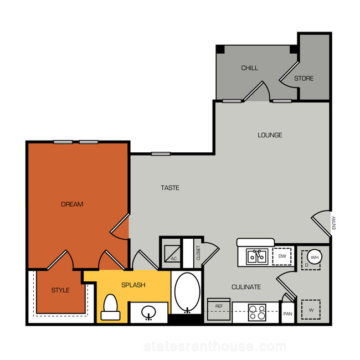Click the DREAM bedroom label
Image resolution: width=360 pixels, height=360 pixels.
[72, 204]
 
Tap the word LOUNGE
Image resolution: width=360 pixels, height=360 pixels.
[270, 135]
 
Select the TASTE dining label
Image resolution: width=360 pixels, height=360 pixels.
[170, 188]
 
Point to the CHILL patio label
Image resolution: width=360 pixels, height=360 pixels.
[249, 68]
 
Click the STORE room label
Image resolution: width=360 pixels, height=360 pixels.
[304, 79]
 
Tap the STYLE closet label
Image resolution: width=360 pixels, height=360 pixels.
[60, 290]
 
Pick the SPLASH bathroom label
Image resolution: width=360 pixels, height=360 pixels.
[133, 285]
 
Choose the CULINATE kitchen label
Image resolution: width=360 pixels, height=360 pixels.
[246, 287]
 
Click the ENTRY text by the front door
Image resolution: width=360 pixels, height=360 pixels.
[334, 223]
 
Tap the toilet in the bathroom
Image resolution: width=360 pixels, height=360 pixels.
[110, 307]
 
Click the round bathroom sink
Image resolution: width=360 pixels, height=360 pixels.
[148, 312]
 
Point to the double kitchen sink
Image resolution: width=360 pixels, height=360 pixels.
[257, 256]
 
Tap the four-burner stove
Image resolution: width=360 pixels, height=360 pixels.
[257, 312]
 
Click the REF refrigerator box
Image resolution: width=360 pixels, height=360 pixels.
[219, 309]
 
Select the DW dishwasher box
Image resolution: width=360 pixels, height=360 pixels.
[282, 256]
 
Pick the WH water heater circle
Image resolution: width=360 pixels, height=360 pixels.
[315, 257]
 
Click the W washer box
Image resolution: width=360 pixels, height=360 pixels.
[311, 310]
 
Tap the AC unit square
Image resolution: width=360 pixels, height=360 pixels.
[172, 254]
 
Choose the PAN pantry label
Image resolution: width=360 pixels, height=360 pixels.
[287, 313]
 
